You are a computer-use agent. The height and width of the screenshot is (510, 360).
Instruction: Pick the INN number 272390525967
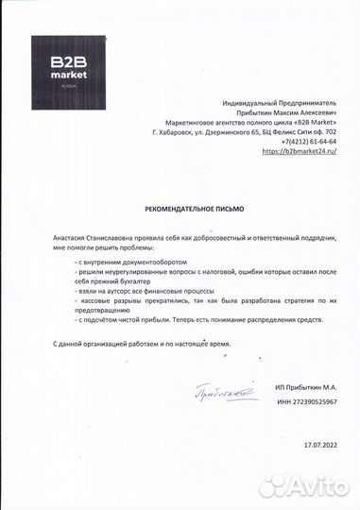tap(307, 401)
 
